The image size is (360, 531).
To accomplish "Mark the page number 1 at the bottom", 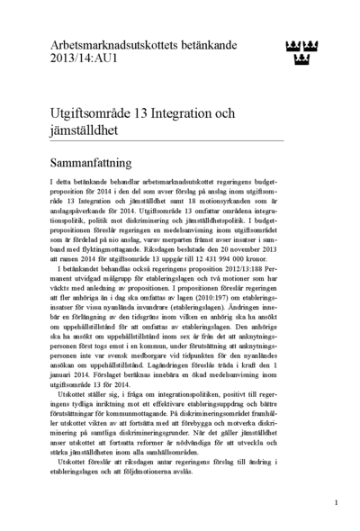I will (x=336, y=503).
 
